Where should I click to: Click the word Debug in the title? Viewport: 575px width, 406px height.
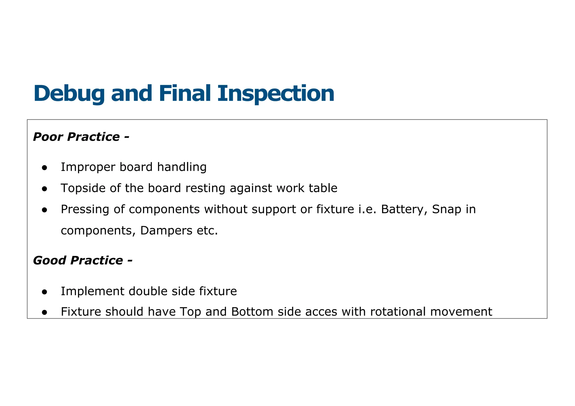[x=69, y=94]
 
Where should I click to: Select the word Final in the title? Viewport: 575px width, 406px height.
[x=184, y=94]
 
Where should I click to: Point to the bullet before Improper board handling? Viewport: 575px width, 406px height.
[x=44, y=168]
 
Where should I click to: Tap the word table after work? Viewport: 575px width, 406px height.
[x=323, y=188]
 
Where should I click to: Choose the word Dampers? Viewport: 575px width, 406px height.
[x=166, y=230]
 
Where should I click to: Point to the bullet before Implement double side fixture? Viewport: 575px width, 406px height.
[x=44, y=292]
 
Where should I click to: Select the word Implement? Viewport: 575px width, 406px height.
[x=92, y=291]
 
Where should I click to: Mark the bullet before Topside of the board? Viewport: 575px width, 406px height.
[x=44, y=189]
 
